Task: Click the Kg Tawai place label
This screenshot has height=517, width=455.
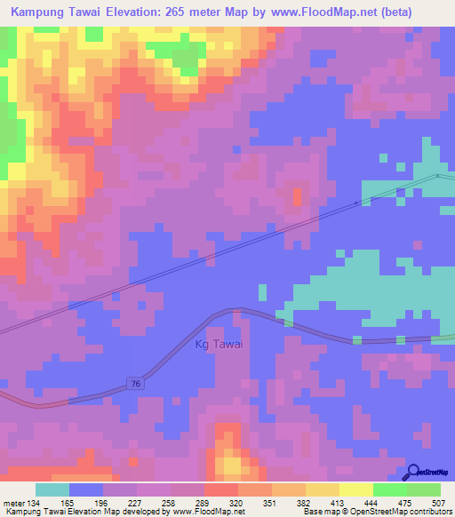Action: [x=218, y=345]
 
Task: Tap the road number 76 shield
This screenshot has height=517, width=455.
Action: [x=135, y=383]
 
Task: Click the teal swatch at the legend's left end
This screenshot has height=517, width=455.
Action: [x=52, y=489]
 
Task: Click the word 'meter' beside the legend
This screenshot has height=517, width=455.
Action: [x=12, y=503]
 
